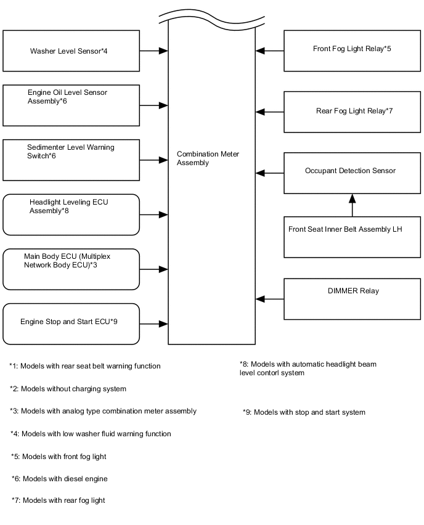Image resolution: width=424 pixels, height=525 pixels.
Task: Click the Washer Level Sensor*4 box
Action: coord(71,51)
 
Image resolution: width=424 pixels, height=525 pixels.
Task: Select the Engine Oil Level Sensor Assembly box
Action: coord(71,105)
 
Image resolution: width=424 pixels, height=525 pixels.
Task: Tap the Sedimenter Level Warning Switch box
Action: coord(71,160)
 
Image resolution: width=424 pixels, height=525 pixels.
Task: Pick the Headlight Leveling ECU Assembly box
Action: coord(71,214)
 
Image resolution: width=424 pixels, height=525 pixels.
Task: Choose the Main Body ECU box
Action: coord(71,269)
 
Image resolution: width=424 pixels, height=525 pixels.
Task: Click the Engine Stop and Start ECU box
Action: coord(71,323)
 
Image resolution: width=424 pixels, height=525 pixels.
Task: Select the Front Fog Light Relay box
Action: coord(352,51)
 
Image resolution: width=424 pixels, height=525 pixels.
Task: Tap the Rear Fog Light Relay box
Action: coord(352,112)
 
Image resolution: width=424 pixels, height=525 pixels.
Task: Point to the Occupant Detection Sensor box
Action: coord(352,173)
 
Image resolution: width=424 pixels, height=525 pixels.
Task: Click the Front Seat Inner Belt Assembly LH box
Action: coord(352,237)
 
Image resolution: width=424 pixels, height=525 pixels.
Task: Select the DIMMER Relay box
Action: coord(352,299)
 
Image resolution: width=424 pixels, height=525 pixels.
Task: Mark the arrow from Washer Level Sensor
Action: coord(153,51)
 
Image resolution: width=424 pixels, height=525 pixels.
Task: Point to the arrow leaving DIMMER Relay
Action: coord(270,299)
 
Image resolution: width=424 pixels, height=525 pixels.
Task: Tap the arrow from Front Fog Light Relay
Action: coord(270,51)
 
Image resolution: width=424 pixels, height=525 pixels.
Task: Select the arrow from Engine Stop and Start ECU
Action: coord(153,323)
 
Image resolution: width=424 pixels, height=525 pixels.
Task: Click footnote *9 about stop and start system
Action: coord(304,412)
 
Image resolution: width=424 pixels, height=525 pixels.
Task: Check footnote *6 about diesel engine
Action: coord(60,479)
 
